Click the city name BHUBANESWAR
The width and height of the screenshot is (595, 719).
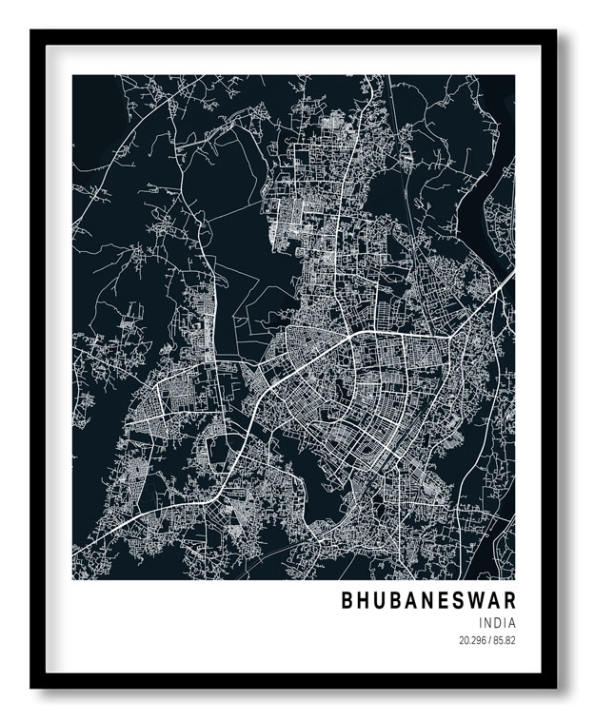(x=428, y=600)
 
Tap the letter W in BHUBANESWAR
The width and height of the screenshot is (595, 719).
(x=471, y=600)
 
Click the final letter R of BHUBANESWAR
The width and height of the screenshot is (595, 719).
(x=508, y=600)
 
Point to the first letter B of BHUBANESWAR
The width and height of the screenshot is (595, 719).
(x=347, y=600)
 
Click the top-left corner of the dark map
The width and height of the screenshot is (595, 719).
(x=73, y=75)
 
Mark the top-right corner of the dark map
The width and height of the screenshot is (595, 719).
(x=515, y=75)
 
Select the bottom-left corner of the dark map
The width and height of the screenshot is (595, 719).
(x=73, y=579)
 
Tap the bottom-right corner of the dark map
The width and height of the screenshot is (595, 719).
(x=515, y=579)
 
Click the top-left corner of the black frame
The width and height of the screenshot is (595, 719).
(x=30, y=29)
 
